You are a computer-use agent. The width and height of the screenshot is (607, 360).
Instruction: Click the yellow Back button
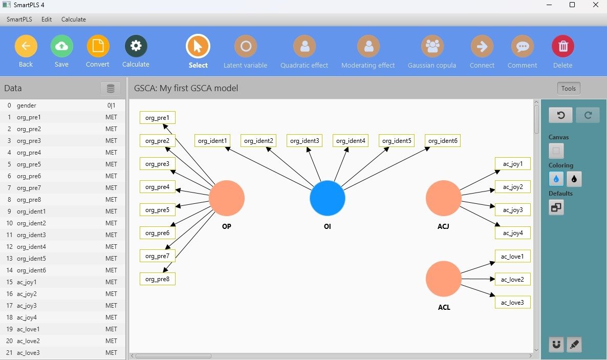point(26,46)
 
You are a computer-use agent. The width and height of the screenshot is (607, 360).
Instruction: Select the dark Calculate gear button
point(136,46)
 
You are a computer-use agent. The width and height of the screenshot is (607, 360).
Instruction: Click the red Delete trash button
point(562,46)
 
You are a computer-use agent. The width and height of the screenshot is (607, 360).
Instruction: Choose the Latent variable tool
point(245,46)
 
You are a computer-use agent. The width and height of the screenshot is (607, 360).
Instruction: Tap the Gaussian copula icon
point(432,46)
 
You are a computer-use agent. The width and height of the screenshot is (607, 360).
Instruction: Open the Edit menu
point(47,19)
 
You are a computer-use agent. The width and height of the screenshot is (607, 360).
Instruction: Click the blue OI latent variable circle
point(328,198)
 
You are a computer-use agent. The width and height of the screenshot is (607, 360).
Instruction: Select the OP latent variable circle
point(227,198)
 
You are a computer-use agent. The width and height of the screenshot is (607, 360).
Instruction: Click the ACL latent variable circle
point(444,279)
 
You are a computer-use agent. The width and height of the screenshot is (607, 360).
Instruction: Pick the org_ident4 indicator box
point(350,140)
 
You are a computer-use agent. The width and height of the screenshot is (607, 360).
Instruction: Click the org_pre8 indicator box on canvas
point(158,279)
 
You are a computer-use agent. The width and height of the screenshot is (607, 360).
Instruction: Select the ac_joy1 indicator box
point(513,163)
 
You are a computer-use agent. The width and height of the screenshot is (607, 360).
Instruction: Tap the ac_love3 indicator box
point(513,302)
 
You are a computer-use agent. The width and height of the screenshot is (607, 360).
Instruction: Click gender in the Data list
point(27,105)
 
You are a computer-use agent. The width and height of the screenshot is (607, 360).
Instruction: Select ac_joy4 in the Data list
point(27,317)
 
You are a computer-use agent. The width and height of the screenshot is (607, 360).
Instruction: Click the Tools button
point(568,89)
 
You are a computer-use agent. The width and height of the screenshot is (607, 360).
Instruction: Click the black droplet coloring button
point(574,179)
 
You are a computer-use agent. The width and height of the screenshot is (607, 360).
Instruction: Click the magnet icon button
point(556,345)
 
